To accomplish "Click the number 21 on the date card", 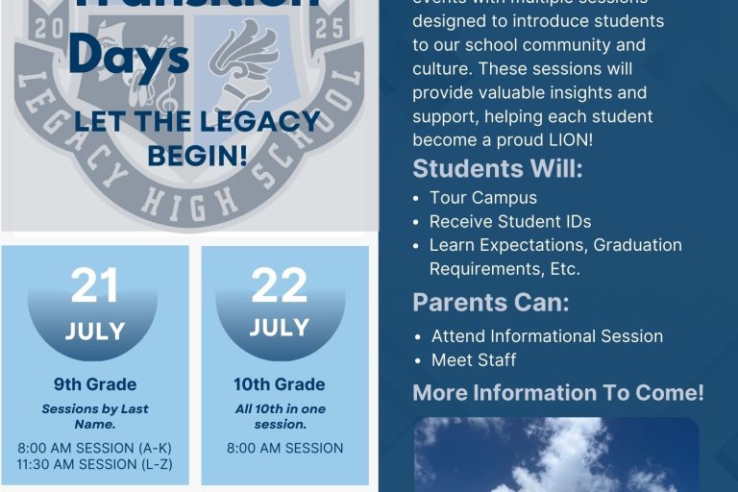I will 94,285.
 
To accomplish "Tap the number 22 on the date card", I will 279,285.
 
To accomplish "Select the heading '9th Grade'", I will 94,384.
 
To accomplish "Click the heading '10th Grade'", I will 279,384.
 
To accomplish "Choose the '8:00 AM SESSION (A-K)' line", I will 94,448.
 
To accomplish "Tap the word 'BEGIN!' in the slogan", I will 197,155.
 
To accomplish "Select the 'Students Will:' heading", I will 497,169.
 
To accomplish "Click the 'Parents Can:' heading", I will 490,303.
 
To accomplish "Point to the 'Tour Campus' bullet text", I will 482,198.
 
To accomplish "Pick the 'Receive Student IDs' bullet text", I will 509,222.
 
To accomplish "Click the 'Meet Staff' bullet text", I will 473,360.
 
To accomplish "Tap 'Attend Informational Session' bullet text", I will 547,336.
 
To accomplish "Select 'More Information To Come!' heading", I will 557,393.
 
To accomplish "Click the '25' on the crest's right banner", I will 329,29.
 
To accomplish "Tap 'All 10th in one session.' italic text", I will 279,416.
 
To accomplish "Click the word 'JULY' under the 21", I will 94,332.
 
